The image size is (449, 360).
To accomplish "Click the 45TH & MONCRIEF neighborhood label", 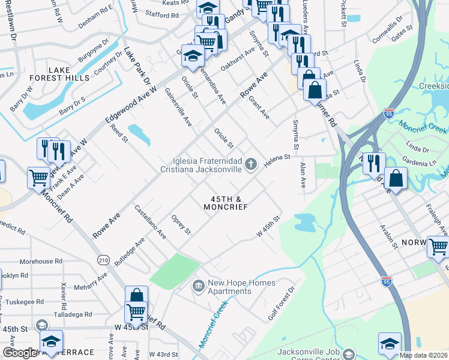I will point(225,203).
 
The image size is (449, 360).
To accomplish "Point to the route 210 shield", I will point(103,260).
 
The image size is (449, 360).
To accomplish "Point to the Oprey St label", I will point(181,224).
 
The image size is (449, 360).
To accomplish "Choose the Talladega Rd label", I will point(72,314).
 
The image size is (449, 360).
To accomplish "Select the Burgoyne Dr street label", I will point(94,52).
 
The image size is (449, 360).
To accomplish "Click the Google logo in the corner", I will point(20,353).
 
